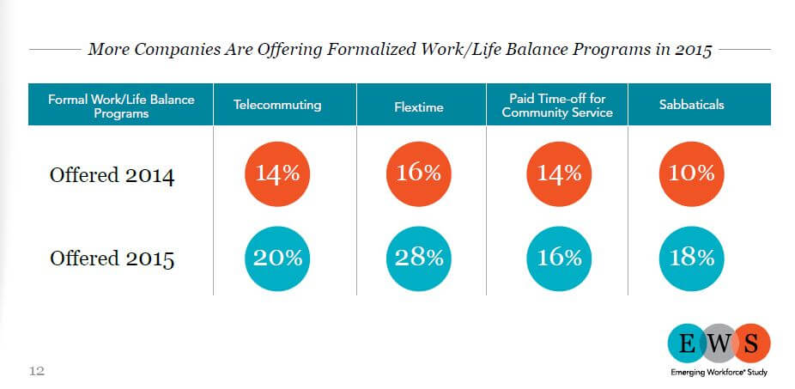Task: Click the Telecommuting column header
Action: coord(276,105)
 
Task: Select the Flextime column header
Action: coord(418,105)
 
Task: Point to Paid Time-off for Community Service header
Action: coord(556,105)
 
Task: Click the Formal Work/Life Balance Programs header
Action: coord(121,106)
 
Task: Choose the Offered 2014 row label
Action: coord(112,177)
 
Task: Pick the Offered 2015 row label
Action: coord(112,258)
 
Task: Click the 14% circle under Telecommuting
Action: coord(277,173)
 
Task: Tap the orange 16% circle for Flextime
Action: coord(418,173)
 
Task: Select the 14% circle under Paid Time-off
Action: coord(559,173)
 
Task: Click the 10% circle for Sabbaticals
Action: coord(692,173)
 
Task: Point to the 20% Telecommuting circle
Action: coord(277,258)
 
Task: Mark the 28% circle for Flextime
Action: coord(418,258)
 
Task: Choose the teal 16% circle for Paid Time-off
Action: coord(559,258)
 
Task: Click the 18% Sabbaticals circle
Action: coord(692,258)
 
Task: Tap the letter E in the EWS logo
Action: coord(687,345)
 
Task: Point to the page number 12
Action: coord(37,371)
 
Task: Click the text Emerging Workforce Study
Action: coord(719,372)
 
